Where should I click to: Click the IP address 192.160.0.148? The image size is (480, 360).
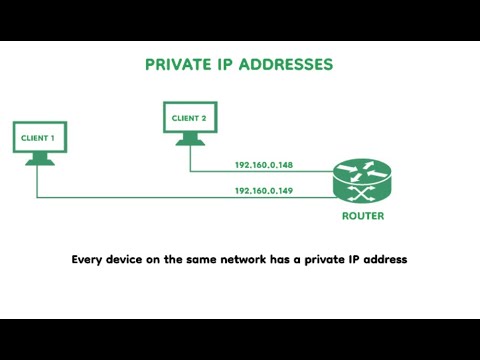click(263, 165)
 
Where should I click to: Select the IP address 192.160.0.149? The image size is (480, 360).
click(263, 189)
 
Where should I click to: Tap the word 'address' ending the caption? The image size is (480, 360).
click(386, 260)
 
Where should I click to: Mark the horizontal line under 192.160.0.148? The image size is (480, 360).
click(263, 172)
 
